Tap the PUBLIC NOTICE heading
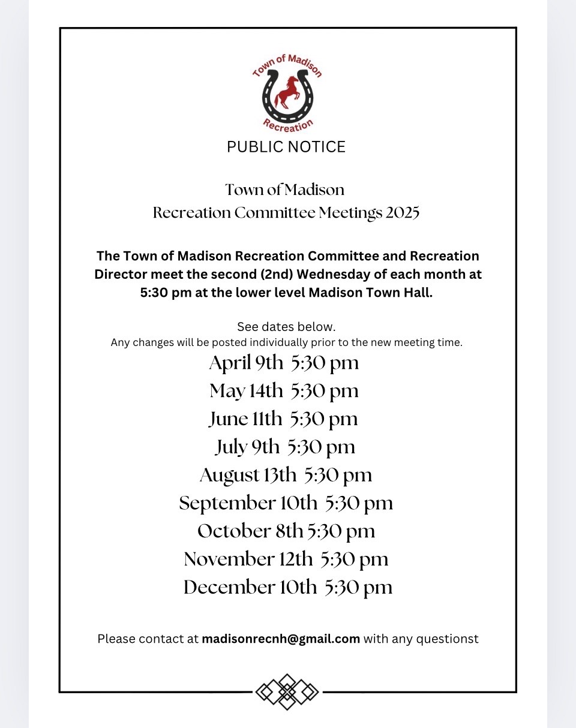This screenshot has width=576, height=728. point(286,147)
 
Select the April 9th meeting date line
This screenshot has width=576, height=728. point(284,363)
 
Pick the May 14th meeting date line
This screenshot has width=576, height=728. point(284,391)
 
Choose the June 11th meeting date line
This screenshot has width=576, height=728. point(283,419)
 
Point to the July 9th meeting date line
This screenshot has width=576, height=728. point(284,447)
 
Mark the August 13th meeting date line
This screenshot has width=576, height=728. point(286,475)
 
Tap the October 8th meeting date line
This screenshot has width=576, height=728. point(286,531)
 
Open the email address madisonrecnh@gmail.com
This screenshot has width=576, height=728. point(281,639)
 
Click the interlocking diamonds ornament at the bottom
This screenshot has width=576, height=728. point(287,692)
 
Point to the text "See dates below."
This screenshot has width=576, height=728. point(286,327)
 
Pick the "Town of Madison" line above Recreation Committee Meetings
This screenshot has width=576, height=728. point(285,190)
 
